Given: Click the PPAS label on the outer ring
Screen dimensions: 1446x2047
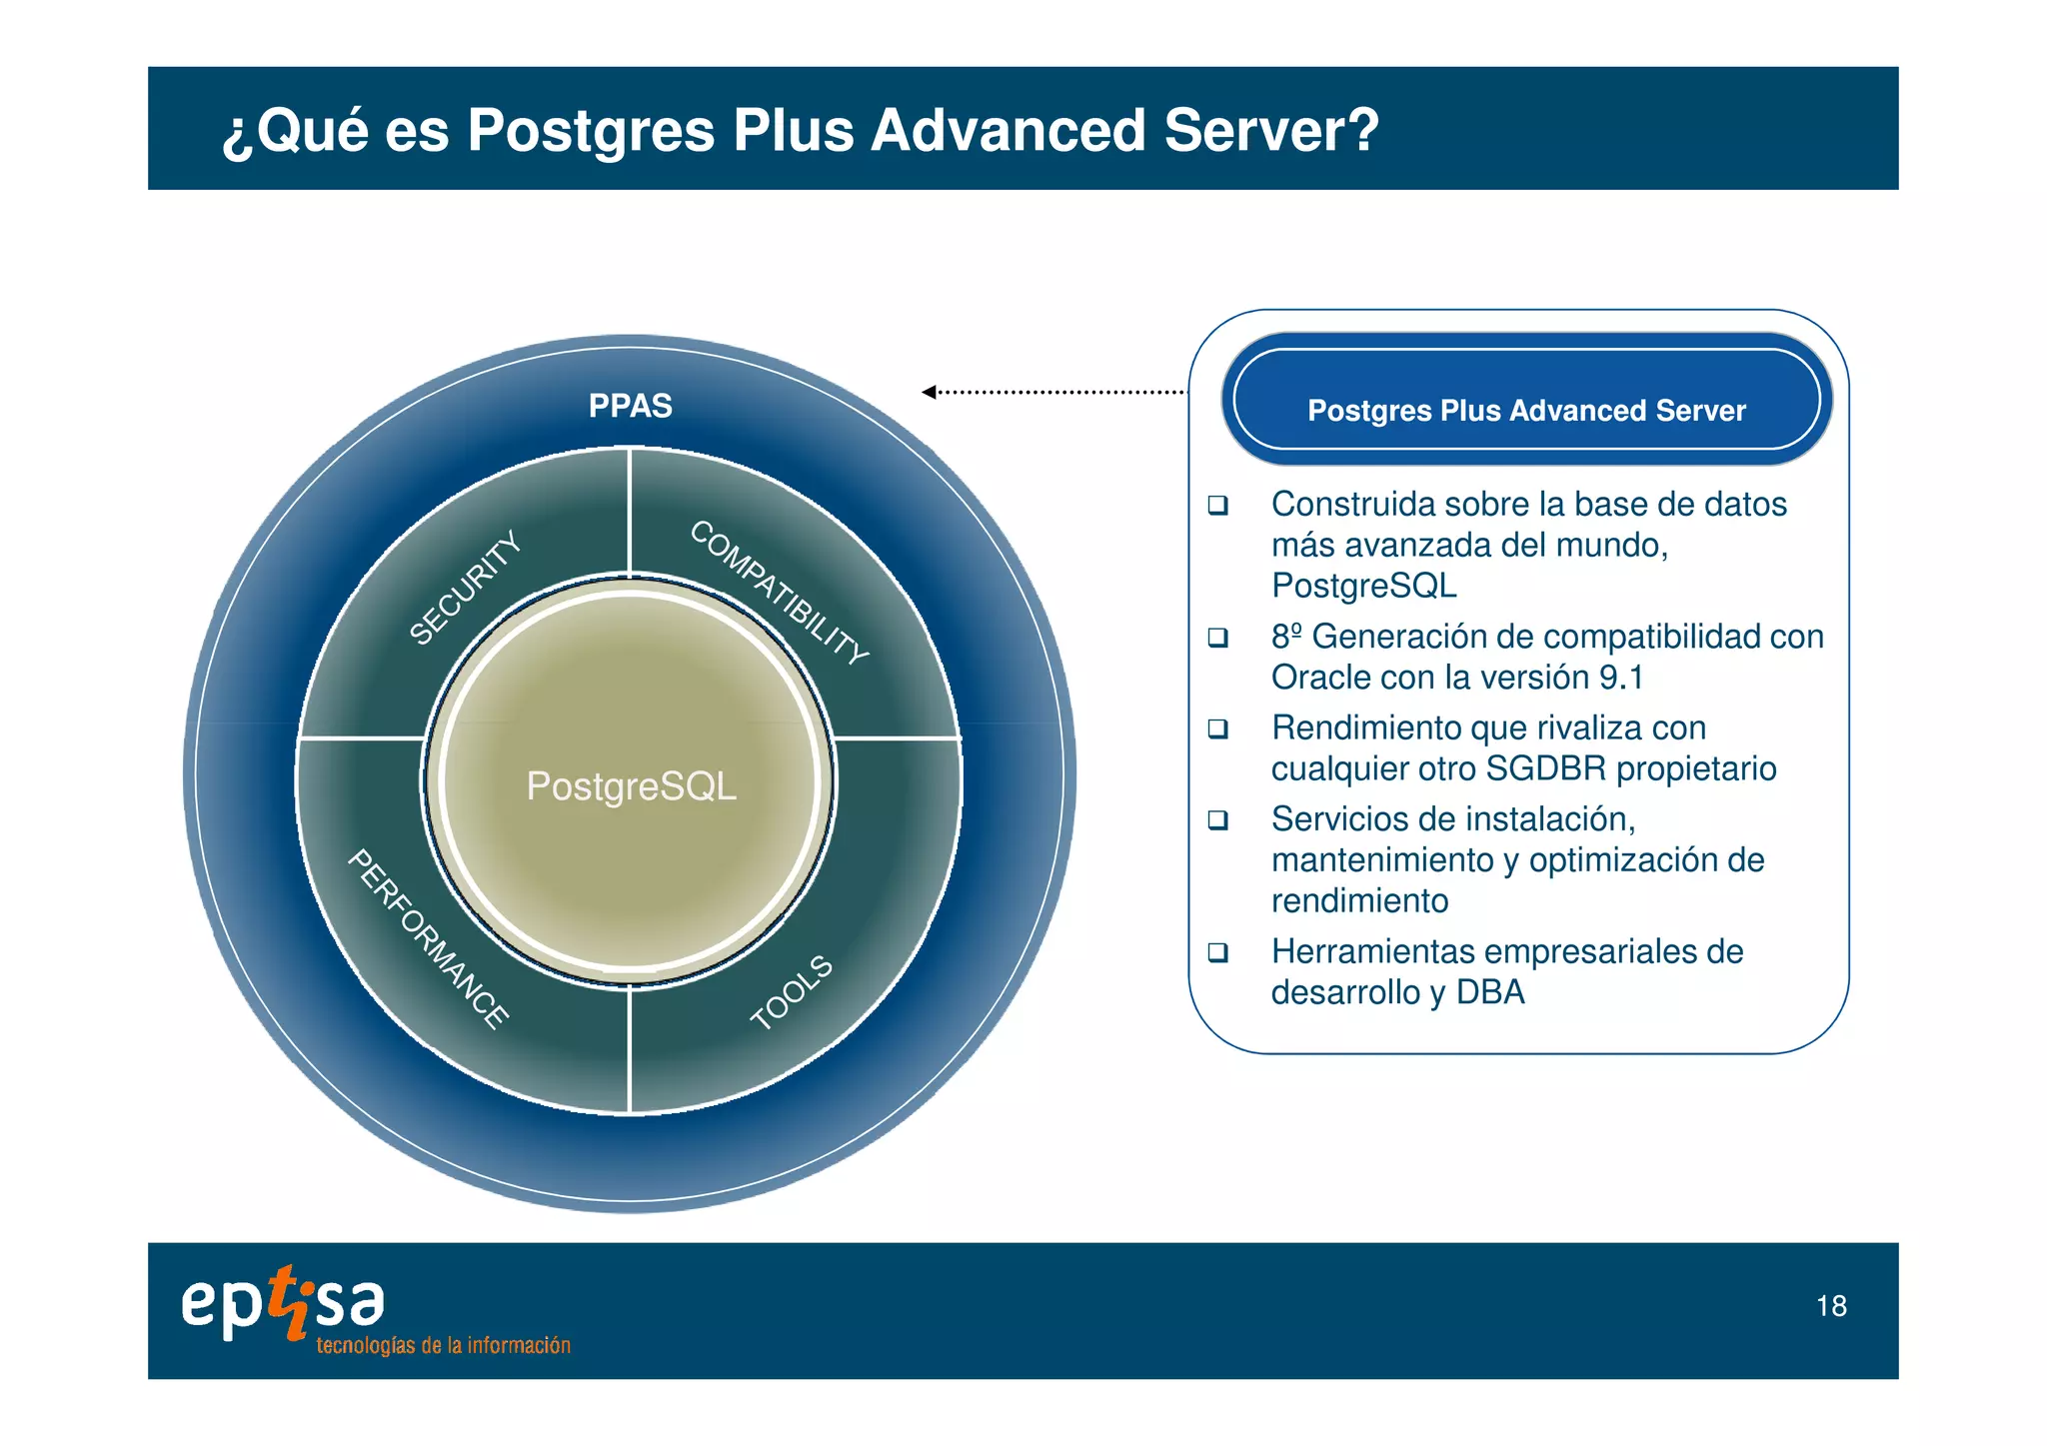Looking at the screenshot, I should [x=630, y=406].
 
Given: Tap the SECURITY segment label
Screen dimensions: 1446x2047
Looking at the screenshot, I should [x=466, y=588].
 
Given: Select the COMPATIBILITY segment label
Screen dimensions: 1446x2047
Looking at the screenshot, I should [x=780, y=593].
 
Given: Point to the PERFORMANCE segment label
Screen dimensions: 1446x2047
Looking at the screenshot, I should [x=429, y=938].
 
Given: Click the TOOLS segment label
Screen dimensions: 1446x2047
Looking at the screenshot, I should [x=792, y=992].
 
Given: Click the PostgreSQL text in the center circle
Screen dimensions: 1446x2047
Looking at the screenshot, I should [x=631, y=786].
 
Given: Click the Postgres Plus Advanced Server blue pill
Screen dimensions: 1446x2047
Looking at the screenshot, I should [x=1526, y=400].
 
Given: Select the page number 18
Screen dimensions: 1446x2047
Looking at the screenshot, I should [x=1831, y=1306].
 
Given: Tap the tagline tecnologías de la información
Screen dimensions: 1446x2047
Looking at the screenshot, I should [x=443, y=1346].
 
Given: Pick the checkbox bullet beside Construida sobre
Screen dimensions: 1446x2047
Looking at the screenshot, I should [x=1217, y=505].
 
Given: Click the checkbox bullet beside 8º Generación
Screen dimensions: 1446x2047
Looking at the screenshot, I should [x=1217, y=637].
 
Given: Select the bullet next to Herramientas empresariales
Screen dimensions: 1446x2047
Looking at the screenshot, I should [x=1217, y=951].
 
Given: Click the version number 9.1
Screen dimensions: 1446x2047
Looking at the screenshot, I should [x=1620, y=678].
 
